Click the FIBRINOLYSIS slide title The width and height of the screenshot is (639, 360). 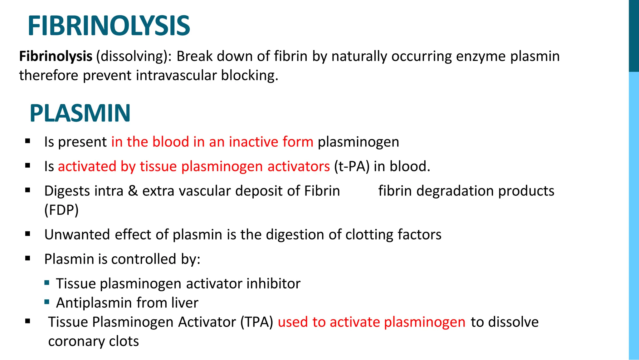109,26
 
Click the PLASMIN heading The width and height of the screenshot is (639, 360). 80,113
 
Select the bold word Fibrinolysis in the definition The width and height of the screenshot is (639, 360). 56,57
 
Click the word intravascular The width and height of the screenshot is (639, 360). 176,76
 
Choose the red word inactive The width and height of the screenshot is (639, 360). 253,142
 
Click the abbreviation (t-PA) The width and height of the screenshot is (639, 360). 352,166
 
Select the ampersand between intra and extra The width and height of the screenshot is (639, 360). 133,191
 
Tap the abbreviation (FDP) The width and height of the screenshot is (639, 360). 61,210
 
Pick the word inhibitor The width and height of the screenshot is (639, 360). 273,284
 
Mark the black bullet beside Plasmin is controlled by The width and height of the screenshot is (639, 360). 28,258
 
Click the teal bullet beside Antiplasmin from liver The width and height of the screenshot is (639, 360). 47,302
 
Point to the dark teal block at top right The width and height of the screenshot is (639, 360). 634,36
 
